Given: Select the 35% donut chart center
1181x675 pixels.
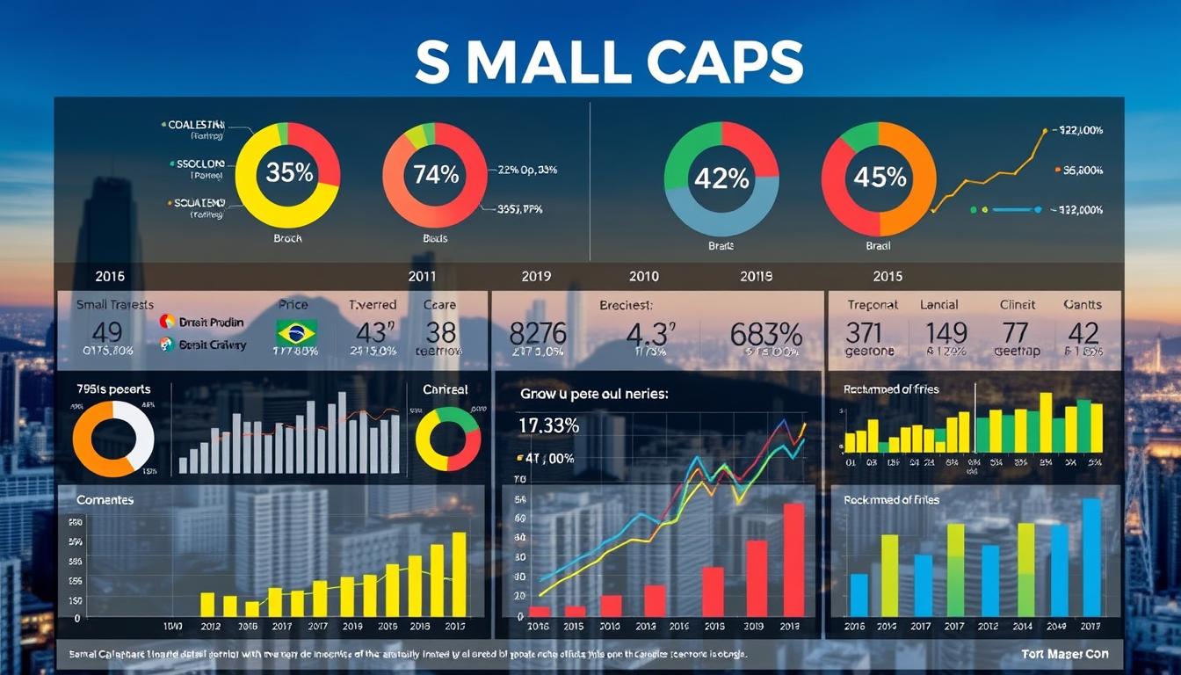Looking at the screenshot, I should coord(288,173).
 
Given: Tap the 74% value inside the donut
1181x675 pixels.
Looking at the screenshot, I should coord(435,174).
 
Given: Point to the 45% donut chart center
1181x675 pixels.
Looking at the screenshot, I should coord(879,178).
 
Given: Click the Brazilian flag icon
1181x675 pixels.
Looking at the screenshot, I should coord(297,333).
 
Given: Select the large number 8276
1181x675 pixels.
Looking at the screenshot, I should coord(538,334).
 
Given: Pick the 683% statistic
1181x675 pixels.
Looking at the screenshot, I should coord(766,334).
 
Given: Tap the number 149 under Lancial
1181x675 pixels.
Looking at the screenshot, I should coord(946,332).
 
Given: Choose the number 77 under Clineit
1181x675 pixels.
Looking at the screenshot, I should coord(1015,332).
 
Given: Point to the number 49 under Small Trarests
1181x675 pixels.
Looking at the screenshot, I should coord(106,332).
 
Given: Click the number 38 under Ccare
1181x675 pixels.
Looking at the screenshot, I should coord(440,332).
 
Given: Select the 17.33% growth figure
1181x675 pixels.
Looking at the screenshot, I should coord(548,425).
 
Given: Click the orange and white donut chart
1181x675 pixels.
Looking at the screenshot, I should coord(113,438).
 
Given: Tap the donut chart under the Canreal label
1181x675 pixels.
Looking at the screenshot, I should coord(447,438).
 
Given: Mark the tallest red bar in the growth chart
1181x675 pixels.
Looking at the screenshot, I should coord(793,559).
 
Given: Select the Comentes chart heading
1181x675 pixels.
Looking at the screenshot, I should coord(105,499).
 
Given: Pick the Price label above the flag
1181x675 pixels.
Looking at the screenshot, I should coord(293,304).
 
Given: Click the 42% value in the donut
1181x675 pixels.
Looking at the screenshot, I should coord(721,178).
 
